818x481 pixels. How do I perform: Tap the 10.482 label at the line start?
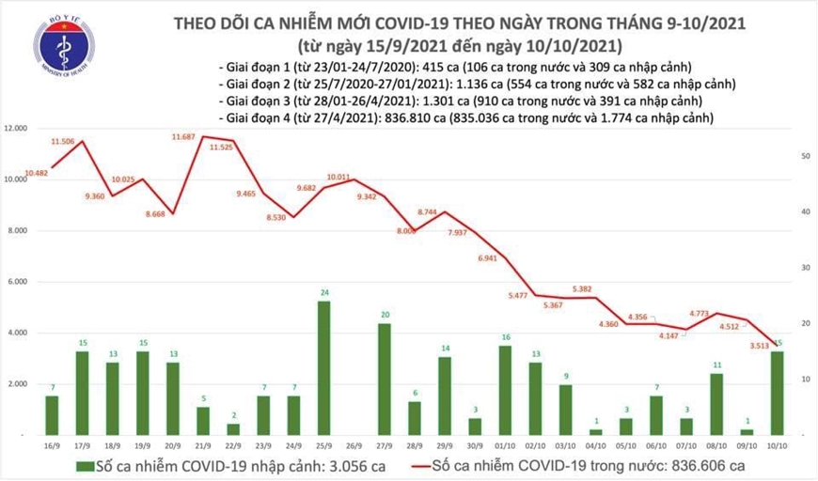click(38, 173)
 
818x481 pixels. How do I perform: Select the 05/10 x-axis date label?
click(625, 447)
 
